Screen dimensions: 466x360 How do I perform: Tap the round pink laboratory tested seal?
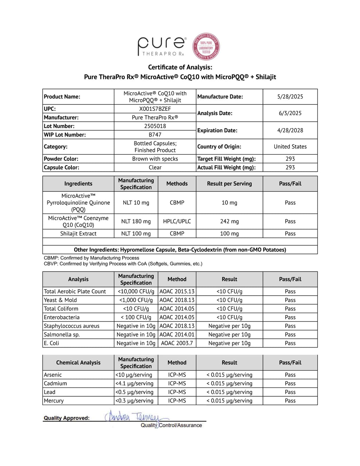click(x=206, y=47)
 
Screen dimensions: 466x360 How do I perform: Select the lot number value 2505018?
click(x=155, y=126)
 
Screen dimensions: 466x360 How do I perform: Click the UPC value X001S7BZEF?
click(x=155, y=109)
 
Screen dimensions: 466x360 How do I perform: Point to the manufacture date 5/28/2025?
click(x=290, y=97)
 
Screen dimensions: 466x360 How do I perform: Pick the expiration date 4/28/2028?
click(x=290, y=130)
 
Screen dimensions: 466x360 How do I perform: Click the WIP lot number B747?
click(x=155, y=135)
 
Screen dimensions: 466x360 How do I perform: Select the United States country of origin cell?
click(x=290, y=147)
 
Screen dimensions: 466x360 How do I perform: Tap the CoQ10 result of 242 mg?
click(x=229, y=221)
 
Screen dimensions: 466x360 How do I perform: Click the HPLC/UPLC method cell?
click(x=177, y=221)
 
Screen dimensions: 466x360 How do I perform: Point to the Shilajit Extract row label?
click(x=78, y=234)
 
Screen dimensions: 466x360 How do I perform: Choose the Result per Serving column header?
click(x=229, y=184)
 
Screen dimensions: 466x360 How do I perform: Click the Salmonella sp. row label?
click(x=62, y=334)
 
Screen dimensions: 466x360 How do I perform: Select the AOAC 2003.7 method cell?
click(x=177, y=343)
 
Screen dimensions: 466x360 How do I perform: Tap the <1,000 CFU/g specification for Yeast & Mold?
click(x=136, y=300)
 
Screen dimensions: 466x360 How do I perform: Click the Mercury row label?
click(x=54, y=401)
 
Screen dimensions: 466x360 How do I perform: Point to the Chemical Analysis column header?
click(x=78, y=363)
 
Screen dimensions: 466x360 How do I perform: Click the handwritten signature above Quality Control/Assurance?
click(x=134, y=417)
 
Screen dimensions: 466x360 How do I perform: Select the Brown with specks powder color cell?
click(x=155, y=159)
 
